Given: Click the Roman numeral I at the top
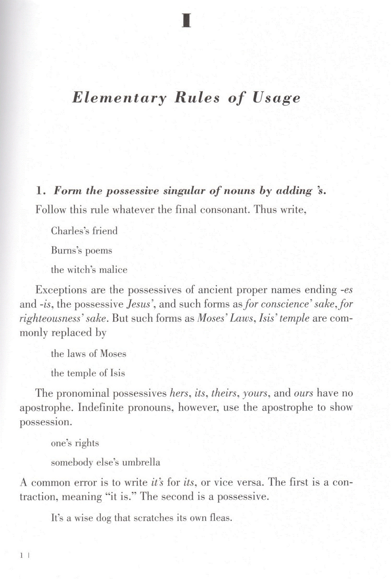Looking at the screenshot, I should [186, 21].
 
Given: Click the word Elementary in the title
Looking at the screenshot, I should [119, 98].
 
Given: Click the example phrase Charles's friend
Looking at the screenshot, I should [84, 231].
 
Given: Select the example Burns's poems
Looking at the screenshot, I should [81, 250].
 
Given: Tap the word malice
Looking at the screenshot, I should [113, 270].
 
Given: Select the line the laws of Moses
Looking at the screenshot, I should [88, 354].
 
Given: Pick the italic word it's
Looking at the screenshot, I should [157, 482].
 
